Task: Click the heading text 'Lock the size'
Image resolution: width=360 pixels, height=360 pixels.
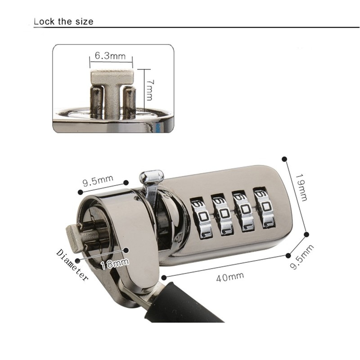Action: [63, 21]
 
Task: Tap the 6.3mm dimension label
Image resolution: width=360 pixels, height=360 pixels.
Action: [110, 56]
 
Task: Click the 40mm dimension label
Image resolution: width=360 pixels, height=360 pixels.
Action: [230, 277]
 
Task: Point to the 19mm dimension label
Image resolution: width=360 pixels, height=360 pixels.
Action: [301, 188]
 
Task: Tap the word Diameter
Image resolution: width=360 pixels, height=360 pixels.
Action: [72, 265]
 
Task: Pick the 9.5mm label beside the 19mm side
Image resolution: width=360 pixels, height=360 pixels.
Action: [301, 256]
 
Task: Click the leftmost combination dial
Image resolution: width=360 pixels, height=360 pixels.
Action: [201, 217]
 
